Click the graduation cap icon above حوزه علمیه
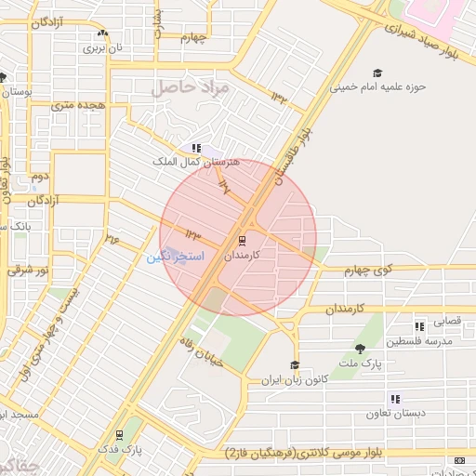[x=377, y=73]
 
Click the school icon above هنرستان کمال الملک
[x=195, y=147]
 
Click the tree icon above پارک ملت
[x=360, y=349]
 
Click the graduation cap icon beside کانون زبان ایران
[x=295, y=365]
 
